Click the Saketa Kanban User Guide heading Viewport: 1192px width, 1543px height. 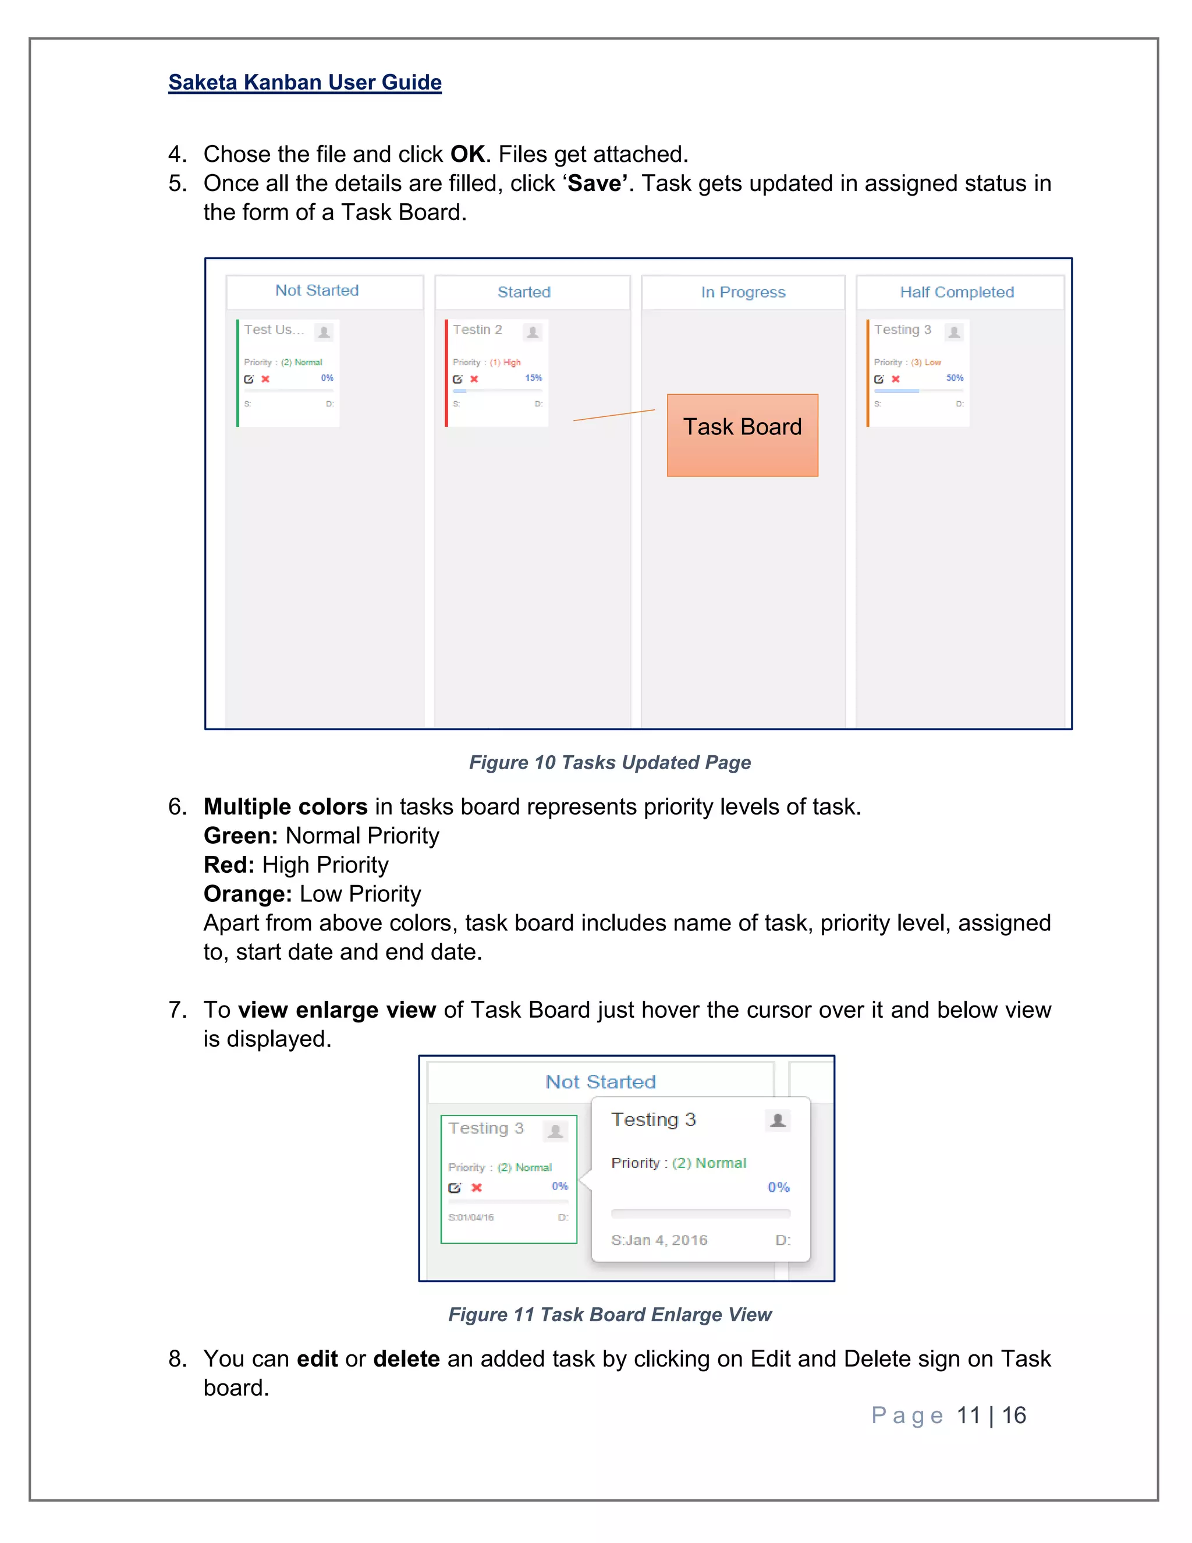[x=304, y=83]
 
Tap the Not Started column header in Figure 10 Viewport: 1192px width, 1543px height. [x=317, y=291]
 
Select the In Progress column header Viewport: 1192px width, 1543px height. [x=743, y=292]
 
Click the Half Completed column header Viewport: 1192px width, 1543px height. [x=957, y=292]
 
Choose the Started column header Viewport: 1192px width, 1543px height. [x=524, y=292]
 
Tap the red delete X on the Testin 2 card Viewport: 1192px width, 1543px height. [x=474, y=380]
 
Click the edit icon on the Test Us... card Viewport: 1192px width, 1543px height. [x=249, y=380]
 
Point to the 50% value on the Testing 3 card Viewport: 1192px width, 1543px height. [x=955, y=378]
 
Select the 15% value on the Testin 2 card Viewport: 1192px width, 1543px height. [x=533, y=378]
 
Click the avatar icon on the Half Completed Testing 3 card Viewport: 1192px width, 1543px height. [x=954, y=331]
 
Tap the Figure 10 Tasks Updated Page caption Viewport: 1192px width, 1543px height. [x=609, y=762]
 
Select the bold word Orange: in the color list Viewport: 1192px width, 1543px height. [x=247, y=894]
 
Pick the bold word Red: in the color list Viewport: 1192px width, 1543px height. [x=229, y=865]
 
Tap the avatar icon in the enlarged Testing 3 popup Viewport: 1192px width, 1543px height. [x=778, y=1120]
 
